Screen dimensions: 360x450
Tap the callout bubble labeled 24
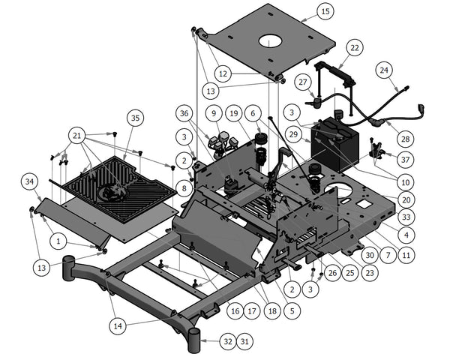click(384, 70)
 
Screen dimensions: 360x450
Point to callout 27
click(302, 82)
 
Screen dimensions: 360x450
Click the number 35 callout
click(134, 118)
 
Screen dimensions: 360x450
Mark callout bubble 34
click(29, 181)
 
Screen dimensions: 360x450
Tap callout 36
click(185, 113)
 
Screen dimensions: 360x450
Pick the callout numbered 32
click(228, 342)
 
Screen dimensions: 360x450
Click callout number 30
click(368, 254)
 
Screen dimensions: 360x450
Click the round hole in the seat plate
click(270, 41)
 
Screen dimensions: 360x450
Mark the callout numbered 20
click(406, 199)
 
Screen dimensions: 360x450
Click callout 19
click(234, 113)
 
